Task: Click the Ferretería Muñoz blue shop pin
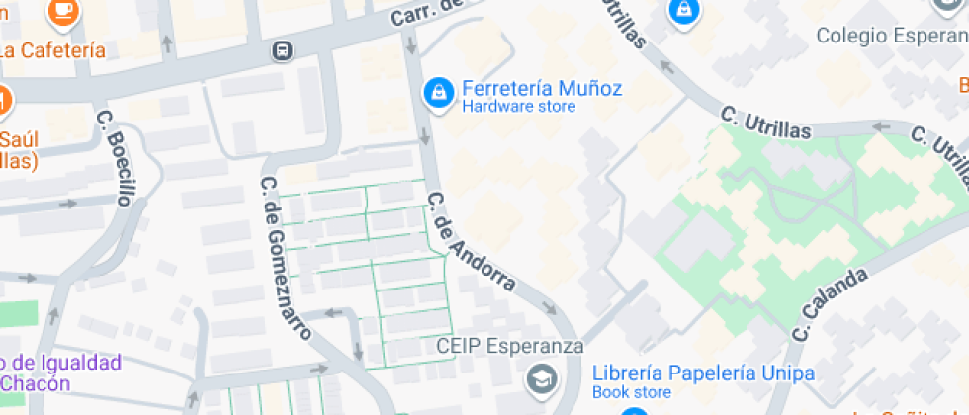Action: pos(438,93)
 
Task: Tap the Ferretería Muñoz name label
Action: pos(542,88)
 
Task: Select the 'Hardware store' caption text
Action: pos(518,107)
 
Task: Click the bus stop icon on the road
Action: pos(283,49)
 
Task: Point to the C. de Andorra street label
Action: pos(471,241)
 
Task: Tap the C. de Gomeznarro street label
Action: pos(286,258)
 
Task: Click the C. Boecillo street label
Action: pos(114,157)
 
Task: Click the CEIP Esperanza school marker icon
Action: pos(541,378)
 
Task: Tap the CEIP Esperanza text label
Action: pos(510,347)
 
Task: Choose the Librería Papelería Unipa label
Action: pos(703,373)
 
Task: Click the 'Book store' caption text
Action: pos(631,393)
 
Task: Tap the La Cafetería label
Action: pos(52,50)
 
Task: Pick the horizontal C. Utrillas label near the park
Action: pos(765,124)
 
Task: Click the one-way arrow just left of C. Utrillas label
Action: pos(665,68)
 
